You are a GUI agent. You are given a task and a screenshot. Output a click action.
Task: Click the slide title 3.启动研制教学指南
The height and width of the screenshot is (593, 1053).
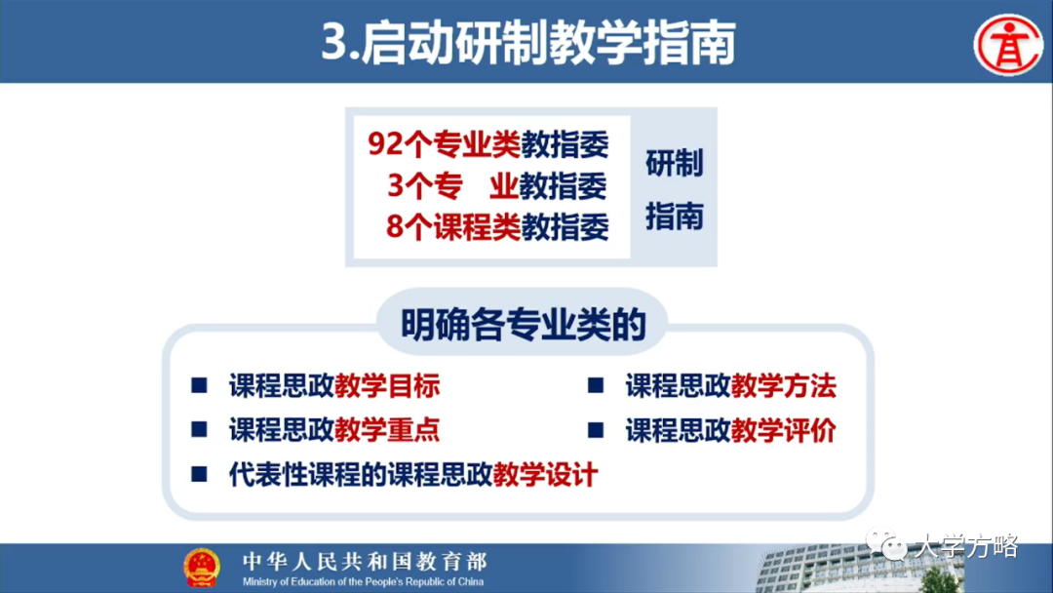527,44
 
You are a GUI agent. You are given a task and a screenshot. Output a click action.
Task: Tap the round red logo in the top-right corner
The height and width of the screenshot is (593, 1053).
1008,43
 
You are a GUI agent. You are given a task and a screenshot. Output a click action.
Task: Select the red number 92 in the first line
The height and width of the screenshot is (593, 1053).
386,144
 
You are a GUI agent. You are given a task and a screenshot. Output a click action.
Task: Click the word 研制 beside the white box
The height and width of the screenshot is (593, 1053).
674,164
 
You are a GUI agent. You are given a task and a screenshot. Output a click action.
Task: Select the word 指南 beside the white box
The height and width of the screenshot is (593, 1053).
674,216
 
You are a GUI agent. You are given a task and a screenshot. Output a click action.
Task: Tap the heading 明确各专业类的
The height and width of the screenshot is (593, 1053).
524,326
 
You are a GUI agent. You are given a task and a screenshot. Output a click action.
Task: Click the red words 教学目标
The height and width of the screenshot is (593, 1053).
387,386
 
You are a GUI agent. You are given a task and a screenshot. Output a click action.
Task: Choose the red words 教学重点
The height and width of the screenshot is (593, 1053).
387,430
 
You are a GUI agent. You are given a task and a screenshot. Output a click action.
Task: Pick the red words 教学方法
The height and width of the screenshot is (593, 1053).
784,386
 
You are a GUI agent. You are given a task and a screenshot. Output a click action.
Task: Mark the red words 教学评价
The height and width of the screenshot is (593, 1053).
784,430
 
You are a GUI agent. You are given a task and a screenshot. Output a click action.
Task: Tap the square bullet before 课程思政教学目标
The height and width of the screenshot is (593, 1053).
199,386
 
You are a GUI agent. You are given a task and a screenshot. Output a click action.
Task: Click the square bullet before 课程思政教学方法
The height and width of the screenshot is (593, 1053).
596,386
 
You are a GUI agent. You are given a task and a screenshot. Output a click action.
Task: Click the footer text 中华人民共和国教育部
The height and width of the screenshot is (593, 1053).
365,561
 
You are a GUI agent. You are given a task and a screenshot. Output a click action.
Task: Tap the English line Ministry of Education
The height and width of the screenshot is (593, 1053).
365,581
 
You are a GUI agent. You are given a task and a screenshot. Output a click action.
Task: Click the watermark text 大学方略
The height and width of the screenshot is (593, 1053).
965,547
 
